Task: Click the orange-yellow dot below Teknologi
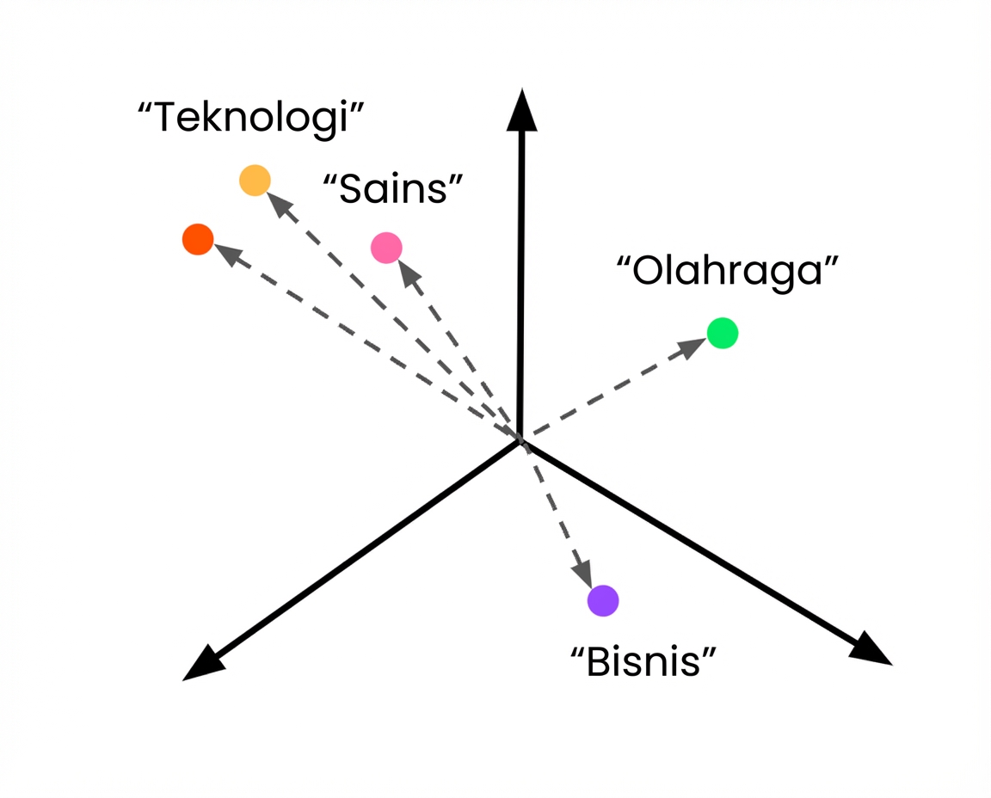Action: [x=255, y=180]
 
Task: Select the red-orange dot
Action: [x=198, y=239]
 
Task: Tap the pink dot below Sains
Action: [x=386, y=248]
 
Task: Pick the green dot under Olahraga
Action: [x=723, y=333]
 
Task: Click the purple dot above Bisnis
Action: [x=603, y=600]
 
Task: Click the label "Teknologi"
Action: [x=251, y=119]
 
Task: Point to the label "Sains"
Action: [x=393, y=189]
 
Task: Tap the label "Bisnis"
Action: [x=643, y=662]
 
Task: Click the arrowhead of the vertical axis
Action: [x=522, y=111]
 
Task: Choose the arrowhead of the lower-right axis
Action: [x=871, y=649]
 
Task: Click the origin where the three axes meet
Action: [x=520, y=440]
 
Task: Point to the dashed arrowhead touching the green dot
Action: [x=692, y=347]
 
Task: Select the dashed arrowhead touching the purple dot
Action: [x=582, y=574]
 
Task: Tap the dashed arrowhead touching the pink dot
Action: [x=409, y=273]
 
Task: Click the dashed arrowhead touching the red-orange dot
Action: [x=230, y=254]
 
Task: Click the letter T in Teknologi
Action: [x=165, y=118]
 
